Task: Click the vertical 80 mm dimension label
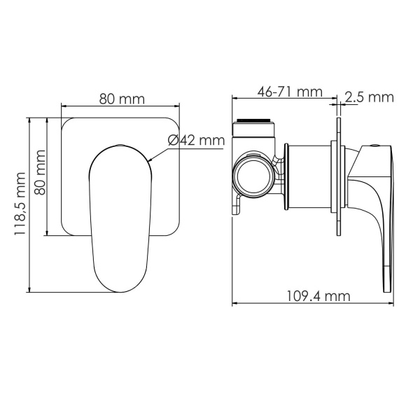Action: pos(41,172)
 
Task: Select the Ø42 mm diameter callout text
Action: pos(195,141)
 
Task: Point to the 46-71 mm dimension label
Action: pos(289,92)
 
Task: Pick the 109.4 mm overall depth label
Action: pos(318,296)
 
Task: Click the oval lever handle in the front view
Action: pos(120,210)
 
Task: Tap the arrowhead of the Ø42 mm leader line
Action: pos(150,162)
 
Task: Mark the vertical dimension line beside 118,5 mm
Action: pos(30,204)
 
